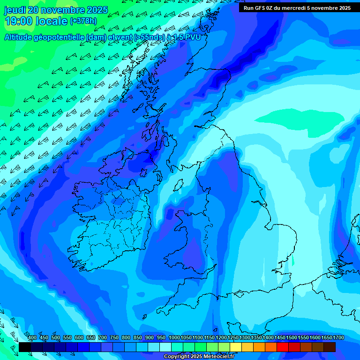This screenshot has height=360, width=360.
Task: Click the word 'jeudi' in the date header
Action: (15, 10)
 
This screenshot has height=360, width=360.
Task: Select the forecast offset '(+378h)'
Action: (83, 21)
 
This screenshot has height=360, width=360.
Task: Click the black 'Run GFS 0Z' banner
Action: (297, 8)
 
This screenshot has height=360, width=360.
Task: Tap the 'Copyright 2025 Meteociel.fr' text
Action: (199, 357)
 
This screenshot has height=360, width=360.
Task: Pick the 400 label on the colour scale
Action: (32, 338)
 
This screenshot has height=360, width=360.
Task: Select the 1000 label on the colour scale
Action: (174, 338)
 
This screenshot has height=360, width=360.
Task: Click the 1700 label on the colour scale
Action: (338, 338)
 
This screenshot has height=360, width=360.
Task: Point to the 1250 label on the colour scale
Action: (233, 338)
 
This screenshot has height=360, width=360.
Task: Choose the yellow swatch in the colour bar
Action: (236, 347)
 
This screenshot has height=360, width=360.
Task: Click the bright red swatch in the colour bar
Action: (283, 347)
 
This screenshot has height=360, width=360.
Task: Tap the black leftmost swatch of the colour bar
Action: (25, 347)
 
